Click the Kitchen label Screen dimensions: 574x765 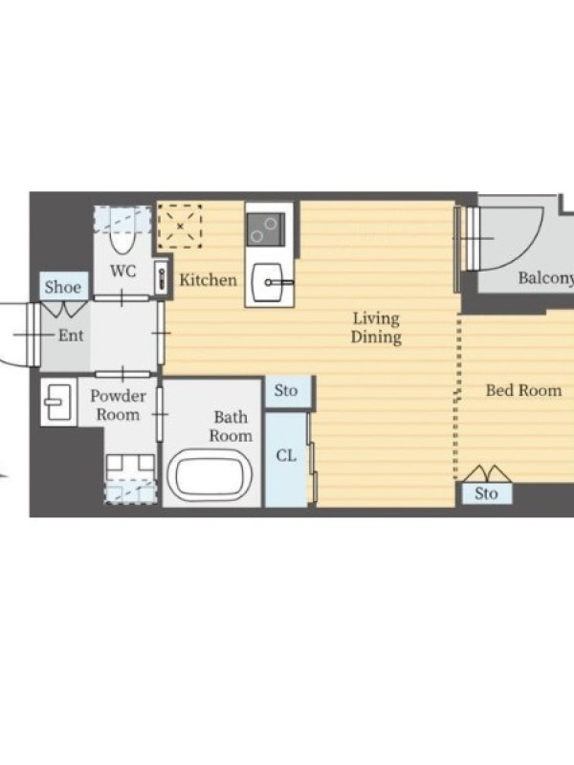pyautogui.click(x=208, y=280)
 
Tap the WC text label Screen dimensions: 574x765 pyautogui.click(x=123, y=271)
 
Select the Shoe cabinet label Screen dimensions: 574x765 pyautogui.click(x=63, y=287)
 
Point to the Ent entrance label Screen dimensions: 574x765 pyautogui.click(x=71, y=336)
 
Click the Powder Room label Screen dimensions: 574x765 pyautogui.click(x=118, y=404)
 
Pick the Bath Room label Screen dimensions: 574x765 pyautogui.click(x=231, y=426)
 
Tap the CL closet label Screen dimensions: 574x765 pyautogui.click(x=286, y=456)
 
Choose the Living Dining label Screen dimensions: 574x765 pyautogui.click(x=376, y=328)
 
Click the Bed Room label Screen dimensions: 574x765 pyautogui.click(x=523, y=390)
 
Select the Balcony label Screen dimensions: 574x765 pyautogui.click(x=545, y=278)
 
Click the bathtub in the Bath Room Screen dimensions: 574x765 pyautogui.click(x=210, y=475)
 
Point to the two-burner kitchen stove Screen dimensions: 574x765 pyautogui.click(x=266, y=229)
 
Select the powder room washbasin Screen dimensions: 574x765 pyautogui.click(x=57, y=402)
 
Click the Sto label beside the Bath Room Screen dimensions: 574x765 pyautogui.click(x=286, y=391)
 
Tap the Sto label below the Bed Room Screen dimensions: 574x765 pyautogui.click(x=487, y=493)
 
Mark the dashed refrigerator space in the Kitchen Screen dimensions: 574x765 pyautogui.click(x=180, y=227)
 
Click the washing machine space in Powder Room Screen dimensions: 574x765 pyautogui.click(x=131, y=479)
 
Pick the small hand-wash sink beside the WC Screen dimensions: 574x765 pyautogui.click(x=162, y=278)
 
